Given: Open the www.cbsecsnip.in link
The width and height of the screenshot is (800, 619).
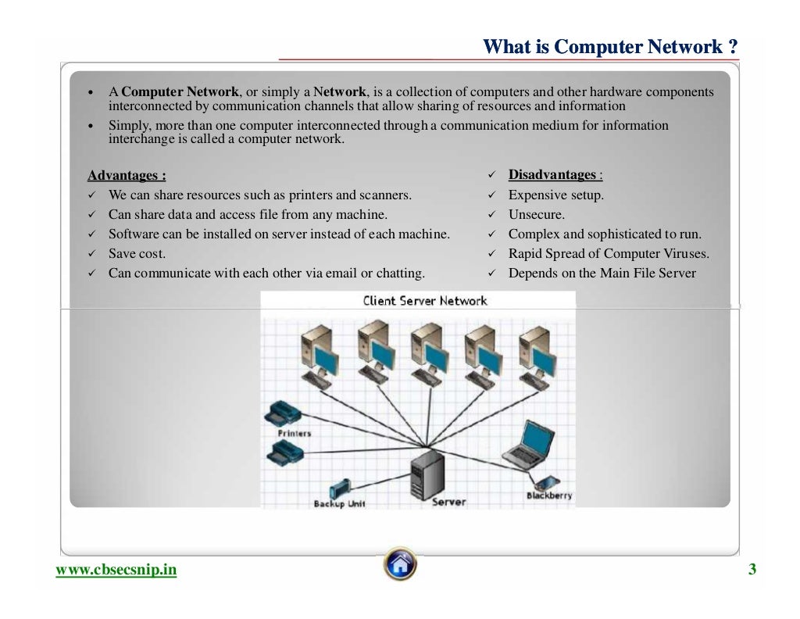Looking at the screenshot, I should click(x=116, y=570).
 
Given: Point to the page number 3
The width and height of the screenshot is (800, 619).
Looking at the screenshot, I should click(x=752, y=569).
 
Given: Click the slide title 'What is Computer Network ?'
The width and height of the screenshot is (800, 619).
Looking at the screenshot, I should click(x=610, y=47).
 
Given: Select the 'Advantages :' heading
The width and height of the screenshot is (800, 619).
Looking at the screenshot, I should click(x=127, y=175).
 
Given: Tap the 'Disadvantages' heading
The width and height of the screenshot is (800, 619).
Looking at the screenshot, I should click(x=552, y=174).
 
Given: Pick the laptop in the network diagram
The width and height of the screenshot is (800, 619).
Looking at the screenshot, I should click(x=526, y=443).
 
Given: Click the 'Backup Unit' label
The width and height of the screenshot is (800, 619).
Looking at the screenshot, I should click(x=339, y=504).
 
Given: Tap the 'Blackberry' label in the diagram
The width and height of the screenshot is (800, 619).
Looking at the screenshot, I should click(x=548, y=496).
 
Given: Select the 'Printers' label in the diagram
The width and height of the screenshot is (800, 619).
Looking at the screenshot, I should click(x=294, y=433).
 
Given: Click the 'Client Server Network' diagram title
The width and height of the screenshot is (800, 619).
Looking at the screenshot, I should click(x=424, y=301).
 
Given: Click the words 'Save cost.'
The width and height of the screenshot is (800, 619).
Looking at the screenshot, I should click(x=137, y=254).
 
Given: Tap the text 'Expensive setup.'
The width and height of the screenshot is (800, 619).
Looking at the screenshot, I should click(x=555, y=195).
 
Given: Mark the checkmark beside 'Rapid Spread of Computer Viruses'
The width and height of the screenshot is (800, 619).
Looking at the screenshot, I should click(x=492, y=254).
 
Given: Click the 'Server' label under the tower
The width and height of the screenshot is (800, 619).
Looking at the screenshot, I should click(x=448, y=502).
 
